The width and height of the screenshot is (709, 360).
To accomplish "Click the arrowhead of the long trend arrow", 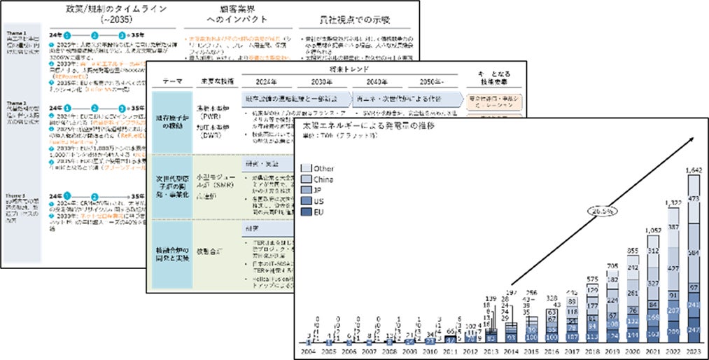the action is point(693,138).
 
